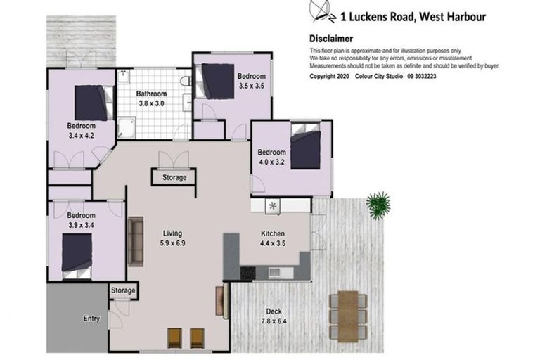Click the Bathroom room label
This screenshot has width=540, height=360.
[x=151, y=94]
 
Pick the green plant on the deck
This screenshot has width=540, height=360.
[x=378, y=205]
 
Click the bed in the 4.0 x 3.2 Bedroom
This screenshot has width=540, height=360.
[x=305, y=148]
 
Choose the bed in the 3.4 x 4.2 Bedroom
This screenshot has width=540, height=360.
[x=92, y=103]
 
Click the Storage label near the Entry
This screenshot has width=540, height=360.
[x=123, y=290]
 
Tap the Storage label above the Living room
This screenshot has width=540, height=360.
[x=174, y=178]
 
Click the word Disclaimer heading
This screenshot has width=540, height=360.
[x=331, y=39]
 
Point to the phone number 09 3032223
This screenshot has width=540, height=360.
[x=437, y=76]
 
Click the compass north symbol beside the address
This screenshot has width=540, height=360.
[x=320, y=11]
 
